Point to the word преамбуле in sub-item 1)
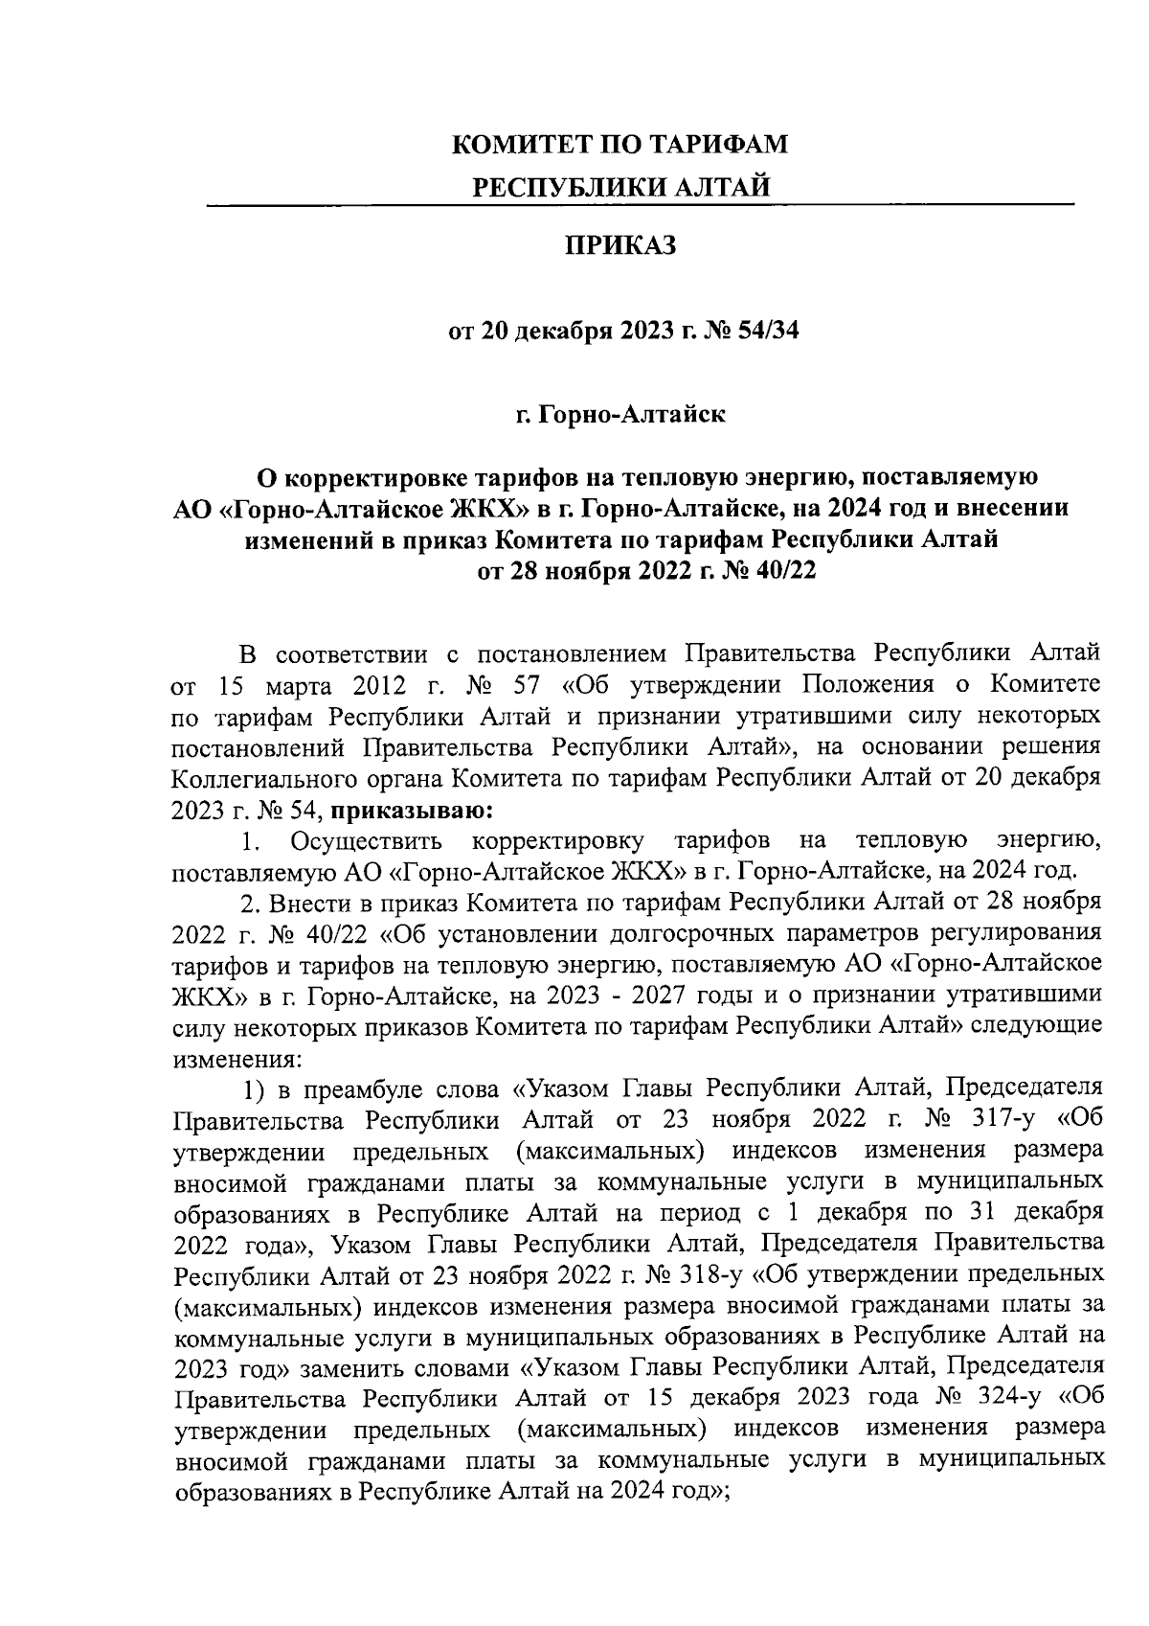click(367, 1089)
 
